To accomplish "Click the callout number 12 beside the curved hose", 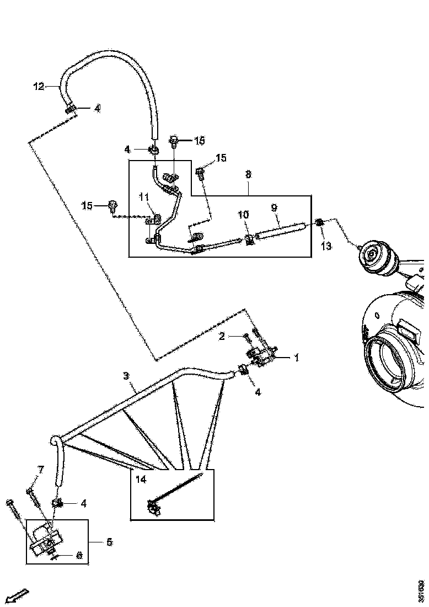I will tap(39, 86).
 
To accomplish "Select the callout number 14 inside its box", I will tap(141, 480).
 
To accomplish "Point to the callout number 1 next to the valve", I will tap(296, 358).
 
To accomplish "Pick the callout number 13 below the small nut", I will tap(326, 246).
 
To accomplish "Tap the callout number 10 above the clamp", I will tap(243, 215).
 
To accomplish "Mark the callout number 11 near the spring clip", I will tap(143, 196).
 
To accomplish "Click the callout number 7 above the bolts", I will tap(40, 470).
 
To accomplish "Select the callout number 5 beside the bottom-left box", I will tap(109, 542).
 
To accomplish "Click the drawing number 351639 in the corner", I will tap(421, 591).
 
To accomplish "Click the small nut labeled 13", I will tap(319, 223).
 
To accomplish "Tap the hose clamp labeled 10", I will tap(249, 239).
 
